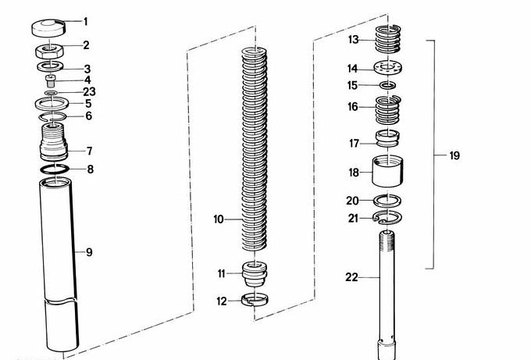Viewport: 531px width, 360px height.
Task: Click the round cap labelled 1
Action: (48, 28)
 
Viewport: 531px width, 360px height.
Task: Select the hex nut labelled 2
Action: (49, 51)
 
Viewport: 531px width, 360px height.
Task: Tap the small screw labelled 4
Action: (50, 82)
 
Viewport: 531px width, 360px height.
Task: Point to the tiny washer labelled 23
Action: (51, 93)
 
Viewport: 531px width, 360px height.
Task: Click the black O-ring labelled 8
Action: (55, 169)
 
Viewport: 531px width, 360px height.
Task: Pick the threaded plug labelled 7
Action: (54, 142)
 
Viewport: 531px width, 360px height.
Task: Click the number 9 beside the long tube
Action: (89, 252)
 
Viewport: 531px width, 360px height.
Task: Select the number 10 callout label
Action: (219, 219)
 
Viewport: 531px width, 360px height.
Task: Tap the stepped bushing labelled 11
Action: (255, 274)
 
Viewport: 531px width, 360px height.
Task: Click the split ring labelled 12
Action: (255, 299)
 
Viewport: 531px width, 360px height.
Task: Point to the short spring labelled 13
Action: (388, 39)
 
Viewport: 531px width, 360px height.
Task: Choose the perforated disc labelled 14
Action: (388, 67)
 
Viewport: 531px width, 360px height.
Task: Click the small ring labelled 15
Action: (387, 85)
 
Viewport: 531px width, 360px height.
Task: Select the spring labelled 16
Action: (388, 110)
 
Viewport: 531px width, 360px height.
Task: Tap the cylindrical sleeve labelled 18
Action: (388, 171)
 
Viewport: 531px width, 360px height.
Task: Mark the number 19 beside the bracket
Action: (454, 155)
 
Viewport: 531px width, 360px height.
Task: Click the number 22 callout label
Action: (351, 278)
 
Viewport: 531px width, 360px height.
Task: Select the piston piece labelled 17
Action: (387, 139)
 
